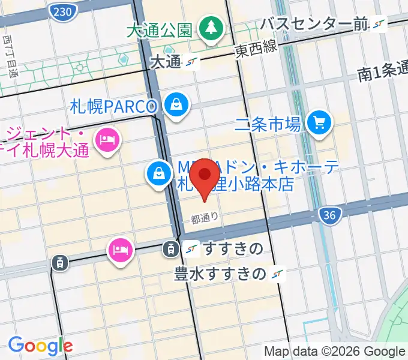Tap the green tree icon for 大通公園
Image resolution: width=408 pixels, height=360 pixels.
coord(211,28)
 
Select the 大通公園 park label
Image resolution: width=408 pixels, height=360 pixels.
coord(159,29)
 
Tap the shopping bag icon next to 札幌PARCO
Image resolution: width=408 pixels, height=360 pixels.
coord(178,106)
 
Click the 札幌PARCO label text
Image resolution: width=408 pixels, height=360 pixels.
coord(113,107)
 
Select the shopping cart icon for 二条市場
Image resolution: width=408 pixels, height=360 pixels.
coord(319,124)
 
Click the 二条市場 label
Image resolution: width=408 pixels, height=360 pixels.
coord(268,125)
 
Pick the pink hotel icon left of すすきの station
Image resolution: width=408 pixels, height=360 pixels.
coord(119,247)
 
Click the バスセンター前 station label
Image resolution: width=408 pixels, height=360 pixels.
coord(314,24)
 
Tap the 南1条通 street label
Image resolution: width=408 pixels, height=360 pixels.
coord(382,73)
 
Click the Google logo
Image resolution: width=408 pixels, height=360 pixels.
coord(40,345)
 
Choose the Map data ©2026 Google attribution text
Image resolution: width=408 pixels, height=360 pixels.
coord(335,351)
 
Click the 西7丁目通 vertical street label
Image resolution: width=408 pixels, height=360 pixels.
coord(10,57)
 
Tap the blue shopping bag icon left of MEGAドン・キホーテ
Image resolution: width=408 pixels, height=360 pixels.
coord(157,175)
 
